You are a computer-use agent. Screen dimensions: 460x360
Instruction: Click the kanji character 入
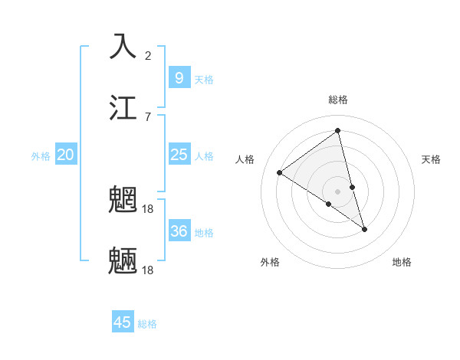point(124,46)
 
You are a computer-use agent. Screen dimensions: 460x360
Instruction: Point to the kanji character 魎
point(124,260)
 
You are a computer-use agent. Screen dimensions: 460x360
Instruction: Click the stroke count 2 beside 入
point(148,55)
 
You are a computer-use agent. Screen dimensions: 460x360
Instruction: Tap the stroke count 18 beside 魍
point(149,208)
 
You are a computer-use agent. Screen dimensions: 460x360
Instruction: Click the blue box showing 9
point(179,77)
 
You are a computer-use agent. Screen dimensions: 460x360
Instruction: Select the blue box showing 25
point(179,155)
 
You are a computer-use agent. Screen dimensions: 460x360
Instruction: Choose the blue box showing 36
point(179,231)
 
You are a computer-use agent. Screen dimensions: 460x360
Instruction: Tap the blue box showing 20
point(65,155)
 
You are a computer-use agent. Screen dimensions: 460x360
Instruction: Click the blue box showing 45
point(123,322)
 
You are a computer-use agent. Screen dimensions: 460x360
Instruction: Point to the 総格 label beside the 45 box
point(147,324)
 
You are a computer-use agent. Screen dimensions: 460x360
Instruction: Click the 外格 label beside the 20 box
point(41,156)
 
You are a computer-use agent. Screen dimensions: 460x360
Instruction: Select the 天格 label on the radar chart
point(431,159)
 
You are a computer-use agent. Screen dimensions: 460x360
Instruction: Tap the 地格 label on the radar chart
point(402,262)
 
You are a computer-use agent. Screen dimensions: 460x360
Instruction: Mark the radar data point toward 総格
point(337,131)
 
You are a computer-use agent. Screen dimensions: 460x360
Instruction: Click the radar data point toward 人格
point(280,172)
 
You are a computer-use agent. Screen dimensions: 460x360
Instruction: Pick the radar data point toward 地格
point(364,229)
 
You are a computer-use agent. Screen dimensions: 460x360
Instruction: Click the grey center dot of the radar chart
point(337,191)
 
